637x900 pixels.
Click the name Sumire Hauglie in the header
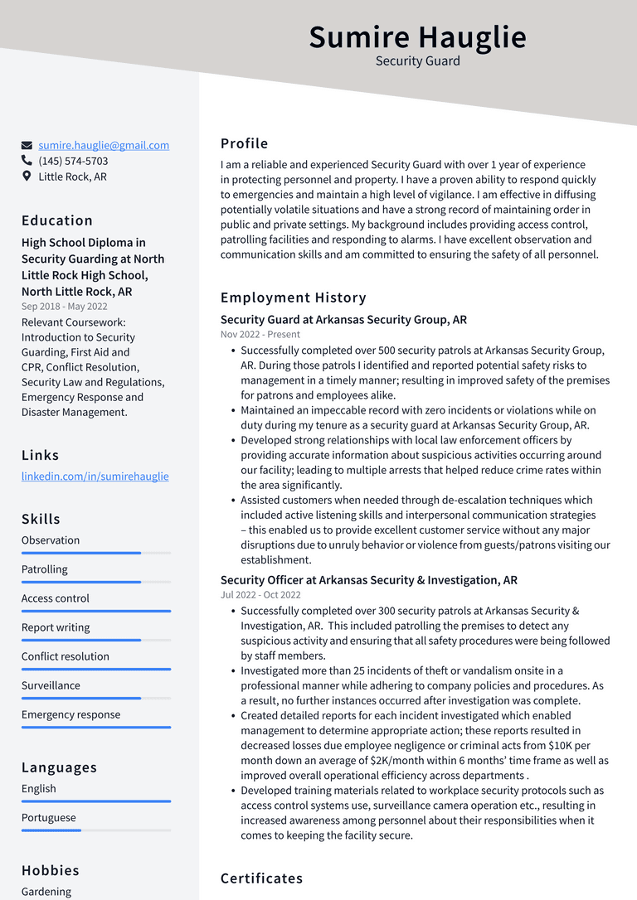(x=417, y=37)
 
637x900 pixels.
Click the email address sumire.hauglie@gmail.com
(x=104, y=145)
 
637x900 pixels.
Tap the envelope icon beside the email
(x=27, y=146)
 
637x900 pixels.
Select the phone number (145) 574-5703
(x=73, y=161)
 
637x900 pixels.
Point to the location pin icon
(x=27, y=177)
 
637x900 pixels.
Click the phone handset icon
(x=27, y=161)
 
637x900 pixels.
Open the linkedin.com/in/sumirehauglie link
(x=95, y=477)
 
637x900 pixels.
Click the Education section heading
(x=57, y=220)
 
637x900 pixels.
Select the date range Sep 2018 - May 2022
(x=65, y=307)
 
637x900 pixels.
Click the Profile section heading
(x=244, y=143)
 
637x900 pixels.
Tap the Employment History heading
(x=293, y=298)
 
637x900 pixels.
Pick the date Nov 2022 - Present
(x=260, y=335)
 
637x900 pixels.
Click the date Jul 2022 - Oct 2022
(x=260, y=595)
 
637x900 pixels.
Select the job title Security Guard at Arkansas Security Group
(x=343, y=320)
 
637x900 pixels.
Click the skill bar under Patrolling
(x=95, y=582)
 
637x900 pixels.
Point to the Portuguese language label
(x=48, y=818)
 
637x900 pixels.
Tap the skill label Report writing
(x=56, y=627)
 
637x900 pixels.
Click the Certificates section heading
(x=261, y=878)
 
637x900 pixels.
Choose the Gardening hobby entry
(x=46, y=892)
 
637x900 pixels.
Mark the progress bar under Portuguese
(x=95, y=830)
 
